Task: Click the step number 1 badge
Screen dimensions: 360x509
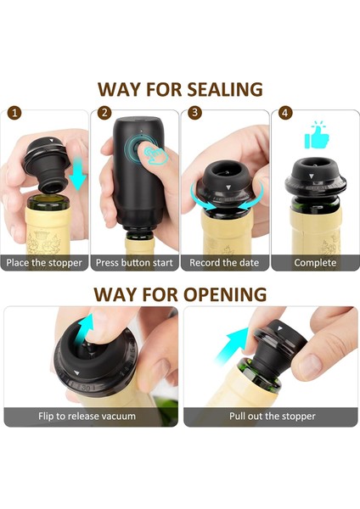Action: tap(14, 113)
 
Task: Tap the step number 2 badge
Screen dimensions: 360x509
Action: tap(104, 113)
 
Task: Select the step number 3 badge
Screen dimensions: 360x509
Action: tap(195, 113)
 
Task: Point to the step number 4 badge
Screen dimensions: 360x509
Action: tap(285, 113)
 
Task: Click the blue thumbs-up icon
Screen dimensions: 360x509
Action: tap(317, 136)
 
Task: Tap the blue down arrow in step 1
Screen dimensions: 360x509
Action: tap(78, 174)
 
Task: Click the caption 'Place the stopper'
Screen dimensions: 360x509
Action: tap(44, 263)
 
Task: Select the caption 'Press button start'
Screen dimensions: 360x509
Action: tap(134, 263)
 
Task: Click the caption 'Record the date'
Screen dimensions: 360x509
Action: tap(224, 263)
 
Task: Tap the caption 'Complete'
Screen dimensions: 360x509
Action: tap(315, 263)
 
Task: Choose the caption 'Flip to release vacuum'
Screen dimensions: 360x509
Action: tap(87, 417)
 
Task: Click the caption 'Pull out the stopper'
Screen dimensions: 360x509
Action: tap(273, 417)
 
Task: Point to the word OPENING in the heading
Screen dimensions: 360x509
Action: tap(225, 294)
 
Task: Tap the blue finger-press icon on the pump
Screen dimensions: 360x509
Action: tap(156, 155)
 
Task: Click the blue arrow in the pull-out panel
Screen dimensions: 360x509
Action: tap(232, 345)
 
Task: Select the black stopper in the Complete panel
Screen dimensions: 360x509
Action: tap(316, 178)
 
